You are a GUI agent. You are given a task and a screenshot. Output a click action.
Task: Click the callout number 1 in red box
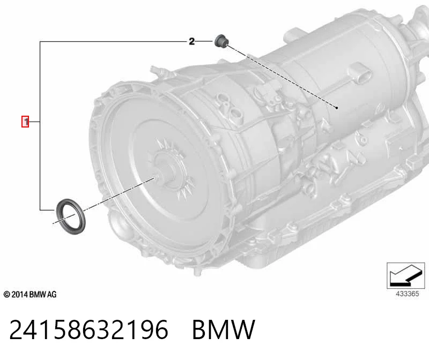click(x=25, y=122)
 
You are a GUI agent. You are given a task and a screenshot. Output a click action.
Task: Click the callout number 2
click(x=191, y=41)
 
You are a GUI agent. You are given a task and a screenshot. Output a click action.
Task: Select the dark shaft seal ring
click(x=71, y=217)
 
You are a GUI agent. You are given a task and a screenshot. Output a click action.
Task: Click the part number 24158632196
click(x=88, y=329)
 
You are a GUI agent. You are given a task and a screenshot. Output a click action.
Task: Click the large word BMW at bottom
click(x=224, y=329)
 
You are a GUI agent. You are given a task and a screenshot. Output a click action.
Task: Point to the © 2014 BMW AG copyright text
click(x=30, y=295)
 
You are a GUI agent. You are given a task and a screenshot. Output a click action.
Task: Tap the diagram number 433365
click(x=407, y=294)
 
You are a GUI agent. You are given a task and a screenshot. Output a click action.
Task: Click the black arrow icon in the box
click(x=405, y=275)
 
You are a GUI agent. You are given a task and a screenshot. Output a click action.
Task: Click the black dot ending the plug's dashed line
click(x=337, y=108)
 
